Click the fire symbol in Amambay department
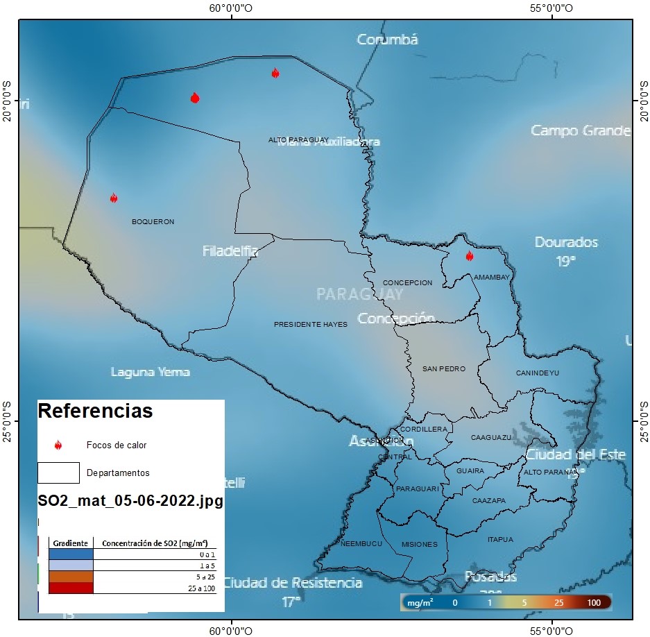point(469,256)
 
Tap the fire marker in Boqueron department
point(114,198)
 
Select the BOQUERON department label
point(153,222)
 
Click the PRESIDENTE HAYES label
point(310,324)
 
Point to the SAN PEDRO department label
point(444,369)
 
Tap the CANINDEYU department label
point(537,373)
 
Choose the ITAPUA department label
point(500,539)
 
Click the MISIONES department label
point(419,545)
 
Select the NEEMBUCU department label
point(361,544)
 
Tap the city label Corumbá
point(387,40)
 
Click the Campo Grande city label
point(580,130)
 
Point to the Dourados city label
point(566,242)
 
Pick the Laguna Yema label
point(150,372)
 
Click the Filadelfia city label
point(230,251)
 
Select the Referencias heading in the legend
point(94,411)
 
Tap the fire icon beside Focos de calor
point(58,445)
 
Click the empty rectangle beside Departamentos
point(58,473)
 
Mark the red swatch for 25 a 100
point(71,588)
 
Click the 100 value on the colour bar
point(594,603)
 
